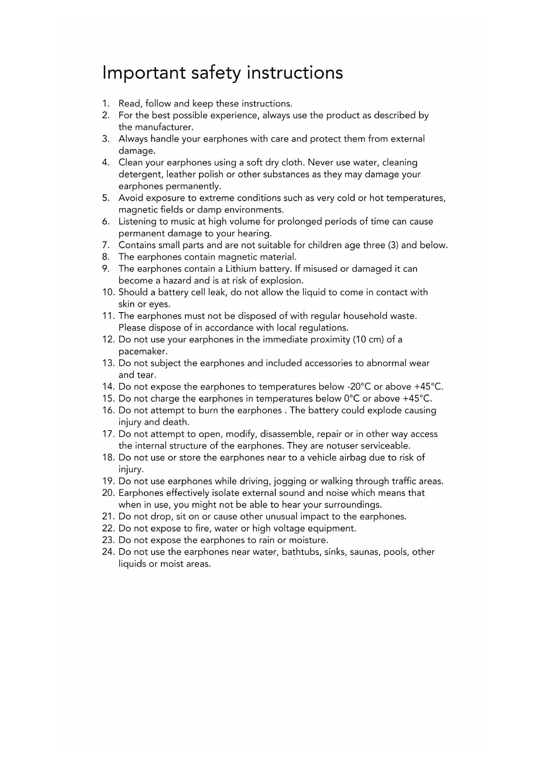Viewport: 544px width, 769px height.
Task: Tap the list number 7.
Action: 105,245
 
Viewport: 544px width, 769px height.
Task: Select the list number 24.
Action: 108,552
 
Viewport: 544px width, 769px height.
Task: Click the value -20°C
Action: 359,387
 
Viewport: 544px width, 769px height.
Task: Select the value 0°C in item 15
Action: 351,399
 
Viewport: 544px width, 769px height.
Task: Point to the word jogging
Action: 290,481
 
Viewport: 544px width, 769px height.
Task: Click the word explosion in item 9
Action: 282,281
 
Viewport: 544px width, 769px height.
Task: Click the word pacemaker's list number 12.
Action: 108,340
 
